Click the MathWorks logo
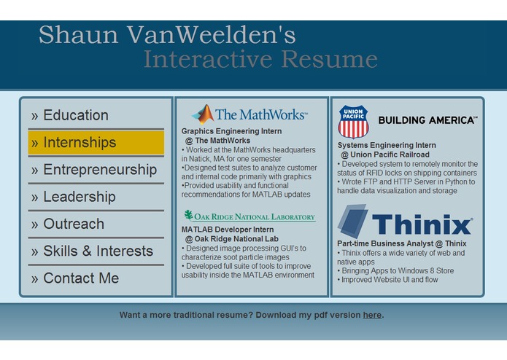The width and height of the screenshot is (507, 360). (x=249, y=114)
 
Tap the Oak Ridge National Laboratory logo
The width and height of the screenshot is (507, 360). (x=249, y=216)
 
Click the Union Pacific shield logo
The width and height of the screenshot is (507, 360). (x=353, y=121)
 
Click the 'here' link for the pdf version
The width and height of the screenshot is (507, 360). (x=372, y=316)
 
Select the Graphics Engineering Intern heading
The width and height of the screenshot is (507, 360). (x=231, y=132)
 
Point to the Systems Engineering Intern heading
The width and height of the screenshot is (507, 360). (x=387, y=146)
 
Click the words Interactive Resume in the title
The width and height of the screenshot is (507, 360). (x=260, y=60)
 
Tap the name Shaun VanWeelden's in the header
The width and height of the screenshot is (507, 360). (x=167, y=35)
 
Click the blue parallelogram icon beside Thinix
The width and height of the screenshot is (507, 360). (x=352, y=221)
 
